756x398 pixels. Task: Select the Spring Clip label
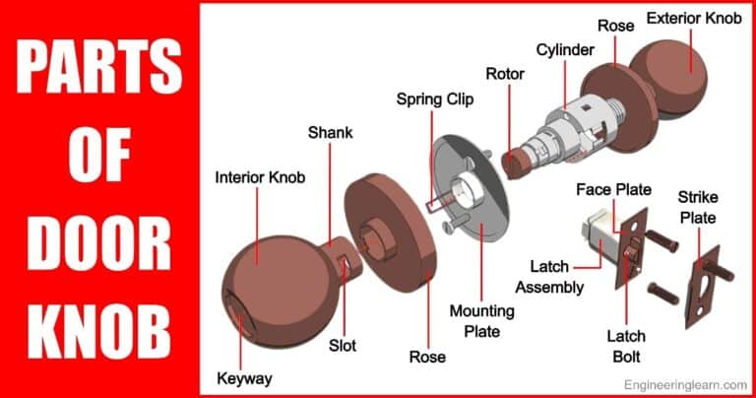click(434, 99)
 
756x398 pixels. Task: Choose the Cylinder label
click(564, 49)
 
